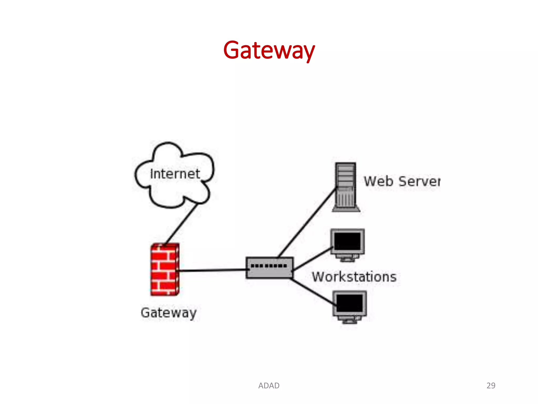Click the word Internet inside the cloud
pos(175,174)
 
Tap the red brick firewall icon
pos(165,270)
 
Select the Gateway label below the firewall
pos(169,313)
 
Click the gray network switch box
pos(269,272)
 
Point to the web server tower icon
pos(345,187)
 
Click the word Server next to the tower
pos(420,181)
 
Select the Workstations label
pos(354,277)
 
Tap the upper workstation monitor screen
pos(347,241)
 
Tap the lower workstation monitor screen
pos(349,303)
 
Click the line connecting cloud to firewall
pos(181,224)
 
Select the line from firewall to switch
pos(213,270)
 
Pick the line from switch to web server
pos(307,222)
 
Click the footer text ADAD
pos(269,386)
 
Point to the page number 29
pos(491,386)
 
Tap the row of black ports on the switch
pos(269,266)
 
